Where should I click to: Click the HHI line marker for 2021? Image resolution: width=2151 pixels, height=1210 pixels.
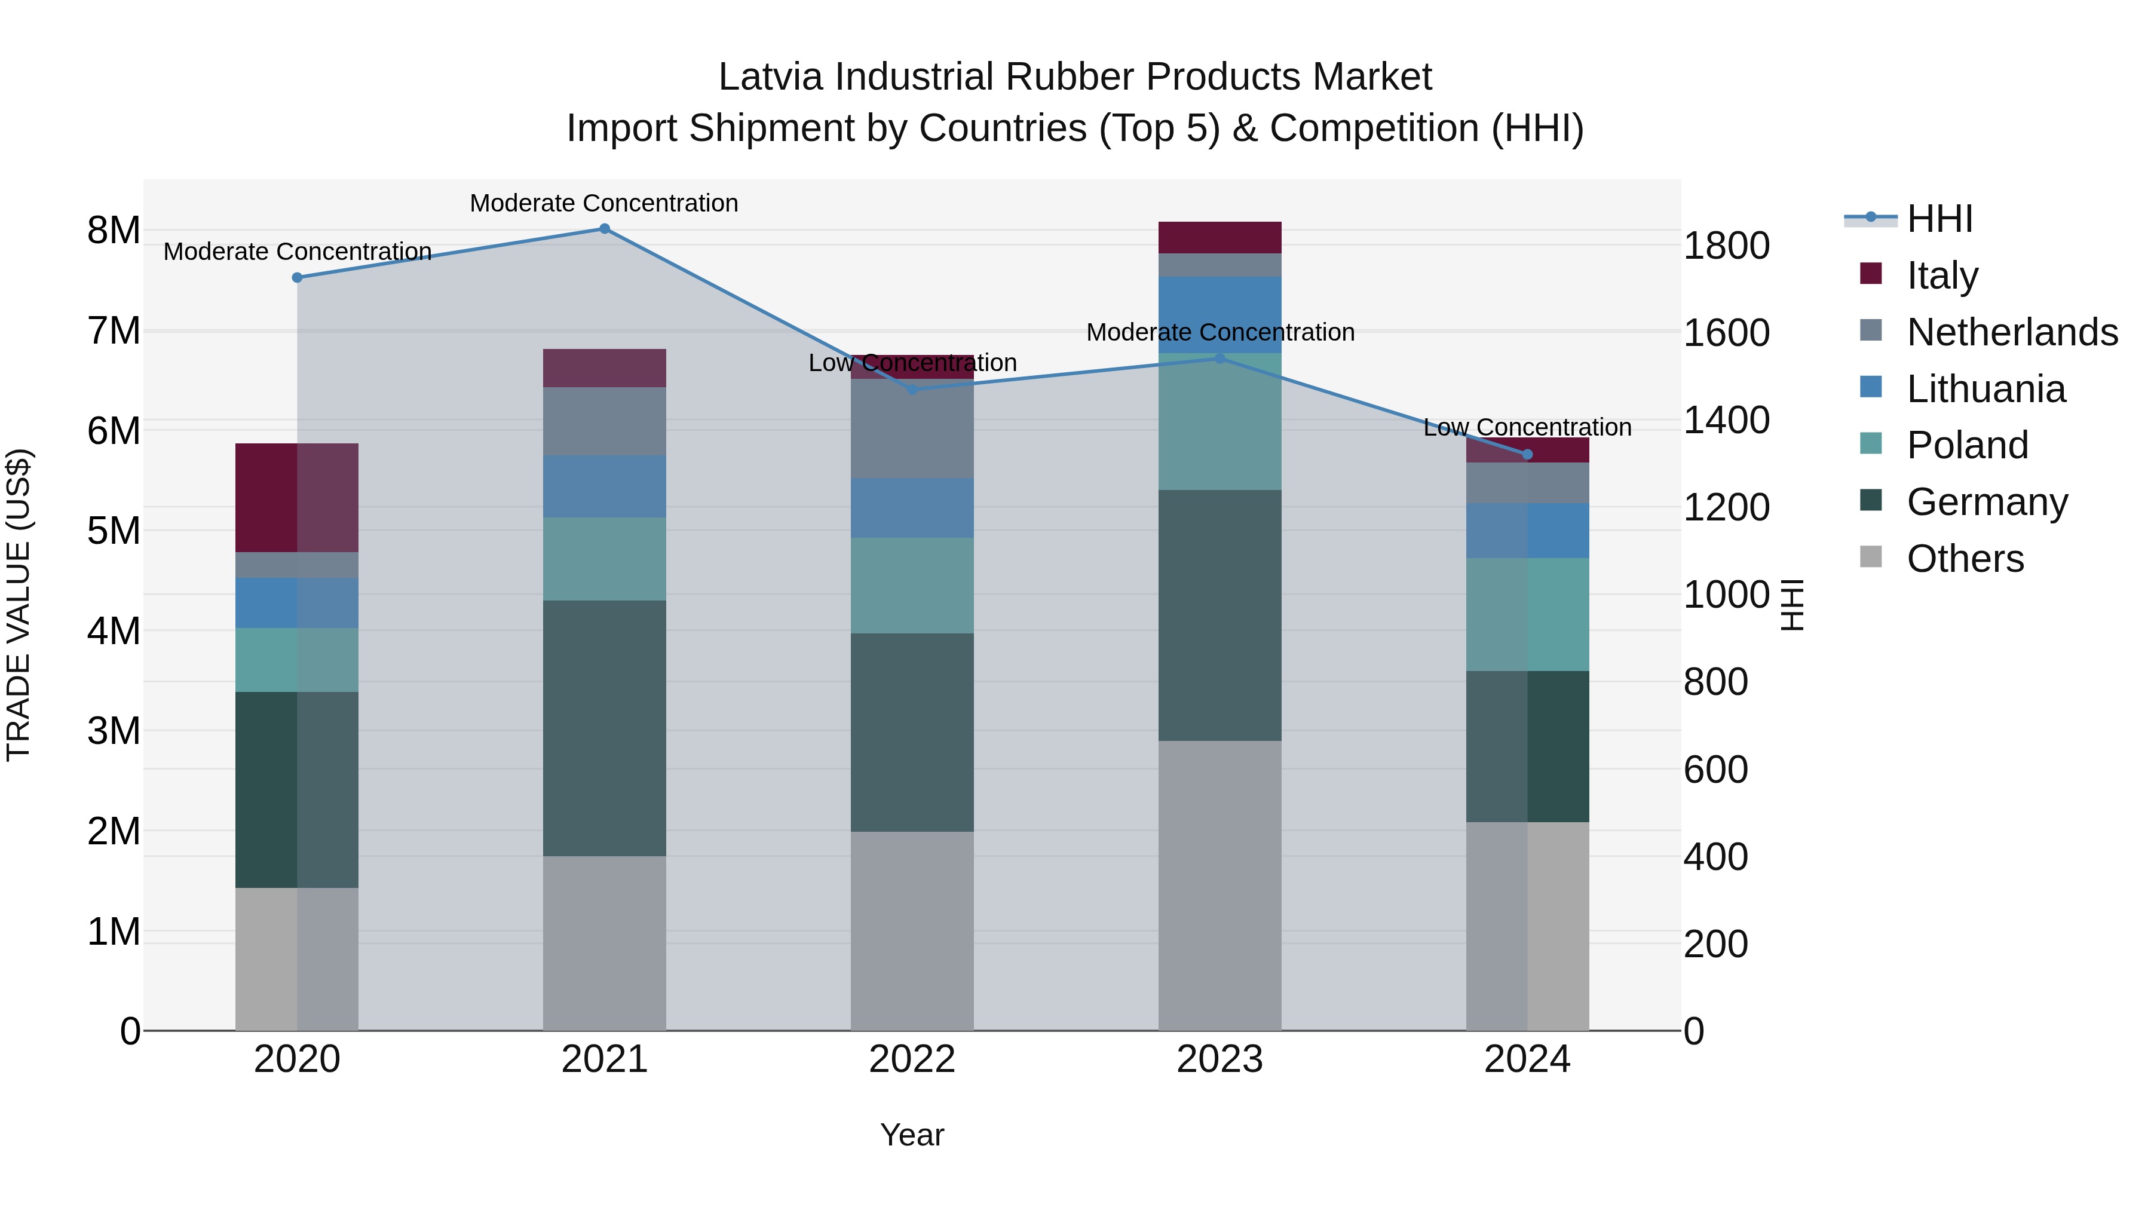[605, 228]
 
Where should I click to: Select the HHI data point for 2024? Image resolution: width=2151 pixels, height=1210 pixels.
[1527, 454]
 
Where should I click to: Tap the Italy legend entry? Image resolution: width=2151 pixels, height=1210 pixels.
[1942, 275]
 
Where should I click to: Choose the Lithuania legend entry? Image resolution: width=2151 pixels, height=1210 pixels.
[1985, 388]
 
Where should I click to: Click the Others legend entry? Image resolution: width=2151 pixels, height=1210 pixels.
[1965, 558]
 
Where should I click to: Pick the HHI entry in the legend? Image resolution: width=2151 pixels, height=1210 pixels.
[1939, 218]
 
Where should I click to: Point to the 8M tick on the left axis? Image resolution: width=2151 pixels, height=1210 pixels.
[114, 231]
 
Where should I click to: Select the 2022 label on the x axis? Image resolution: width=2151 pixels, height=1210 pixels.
[912, 1059]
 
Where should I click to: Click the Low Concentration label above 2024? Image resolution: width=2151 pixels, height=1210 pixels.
[1527, 428]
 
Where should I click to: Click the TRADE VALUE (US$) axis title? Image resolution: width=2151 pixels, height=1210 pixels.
[19, 605]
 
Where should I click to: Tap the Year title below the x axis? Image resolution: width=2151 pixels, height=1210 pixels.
[912, 1135]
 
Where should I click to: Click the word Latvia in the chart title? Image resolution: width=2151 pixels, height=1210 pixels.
[773, 77]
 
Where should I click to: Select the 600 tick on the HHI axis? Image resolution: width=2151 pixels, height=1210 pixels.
[1715, 769]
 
